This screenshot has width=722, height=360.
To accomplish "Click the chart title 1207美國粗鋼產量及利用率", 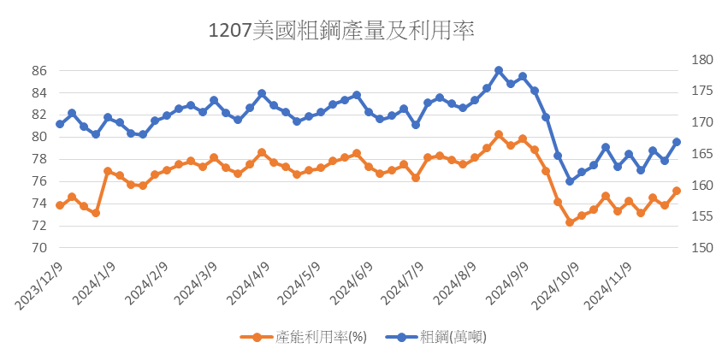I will [x=341, y=32].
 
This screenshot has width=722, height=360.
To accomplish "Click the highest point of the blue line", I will [x=499, y=70].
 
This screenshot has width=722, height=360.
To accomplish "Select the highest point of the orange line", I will [x=499, y=134].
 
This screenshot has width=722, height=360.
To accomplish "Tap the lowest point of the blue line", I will [x=570, y=181].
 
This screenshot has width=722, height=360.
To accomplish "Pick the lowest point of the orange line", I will [x=570, y=222].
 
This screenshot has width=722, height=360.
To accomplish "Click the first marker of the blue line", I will [x=60, y=124].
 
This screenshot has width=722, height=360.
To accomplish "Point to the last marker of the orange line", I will [x=677, y=191].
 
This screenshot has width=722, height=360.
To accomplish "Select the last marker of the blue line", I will [x=677, y=142].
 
